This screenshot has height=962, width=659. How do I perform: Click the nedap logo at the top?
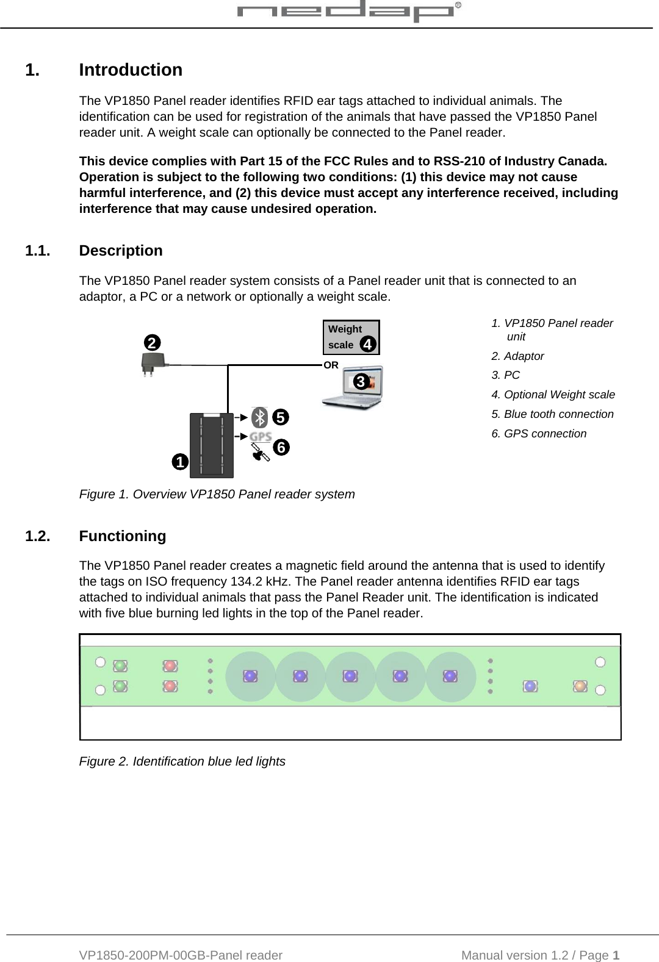tap(348, 12)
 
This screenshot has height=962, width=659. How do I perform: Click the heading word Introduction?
tap(131, 70)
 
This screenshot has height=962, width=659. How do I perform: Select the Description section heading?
tap(121, 251)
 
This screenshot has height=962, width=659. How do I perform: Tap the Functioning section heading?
tap(123, 536)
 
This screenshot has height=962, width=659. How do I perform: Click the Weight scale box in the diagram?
tap(350, 337)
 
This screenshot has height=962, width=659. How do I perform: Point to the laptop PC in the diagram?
tap(354, 387)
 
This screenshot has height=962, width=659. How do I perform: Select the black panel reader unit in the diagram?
tap(211, 445)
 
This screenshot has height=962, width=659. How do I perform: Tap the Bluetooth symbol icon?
tap(261, 417)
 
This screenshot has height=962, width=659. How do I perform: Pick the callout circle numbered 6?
tap(281, 447)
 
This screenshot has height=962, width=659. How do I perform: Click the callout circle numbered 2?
tap(152, 342)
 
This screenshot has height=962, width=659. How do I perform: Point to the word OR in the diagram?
tap(331, 365)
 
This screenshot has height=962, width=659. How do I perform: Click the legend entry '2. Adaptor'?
tap(517, 356)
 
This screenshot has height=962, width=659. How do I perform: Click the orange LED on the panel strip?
tap(580, 686)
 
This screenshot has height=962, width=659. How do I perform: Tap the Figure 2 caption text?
tap(182, 761)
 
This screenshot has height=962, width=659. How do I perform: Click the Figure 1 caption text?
tap(217, 494)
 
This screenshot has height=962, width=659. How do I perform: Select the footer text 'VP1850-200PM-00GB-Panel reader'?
tap(181, 955)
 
